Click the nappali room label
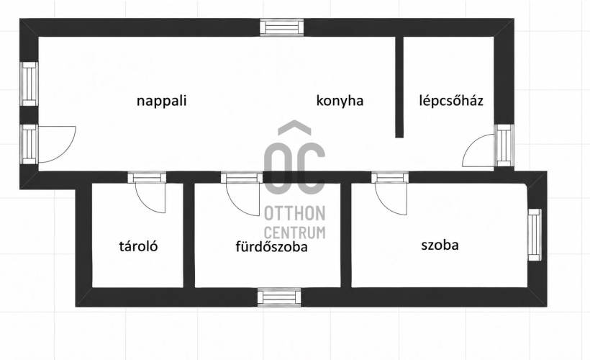tap(161, 102)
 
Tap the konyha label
tap(340, 102)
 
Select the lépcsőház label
tap(451, 102)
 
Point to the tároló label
tap(138, 246)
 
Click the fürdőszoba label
tap(271, 247)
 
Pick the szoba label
tap(440, 245)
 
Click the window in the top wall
tap(282, 27)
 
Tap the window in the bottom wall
tap(279, 297)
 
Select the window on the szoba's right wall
tap(535, 235)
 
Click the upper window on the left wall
tap(29, 84)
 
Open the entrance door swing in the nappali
tap(56, 144)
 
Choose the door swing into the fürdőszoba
tap(243, 199)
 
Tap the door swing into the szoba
tap(391, 199)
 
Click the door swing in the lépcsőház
tap(478, 150)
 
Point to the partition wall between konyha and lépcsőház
tap(399, 87)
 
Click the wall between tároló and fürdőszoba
tap(189, 235)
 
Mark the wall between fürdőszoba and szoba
tap(346, 235)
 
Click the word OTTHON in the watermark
tap(294, 214)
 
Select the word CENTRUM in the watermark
tap(294, 233)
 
